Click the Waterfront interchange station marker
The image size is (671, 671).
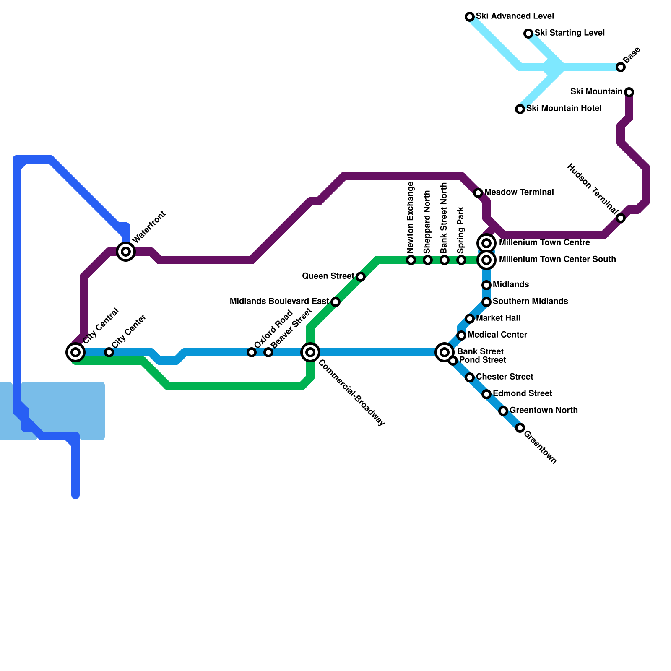pos(126,252)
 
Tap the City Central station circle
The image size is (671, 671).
pos(75,352)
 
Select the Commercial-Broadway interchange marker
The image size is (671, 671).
pos(310,352)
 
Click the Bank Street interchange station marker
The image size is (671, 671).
pos(445,352)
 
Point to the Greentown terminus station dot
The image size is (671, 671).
pos(520,428)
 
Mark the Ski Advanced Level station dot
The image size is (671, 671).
pos(470,17)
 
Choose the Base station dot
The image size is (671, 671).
pos(621,67)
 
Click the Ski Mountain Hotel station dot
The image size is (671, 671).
pos(520,109)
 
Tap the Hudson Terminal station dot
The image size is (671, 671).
pos(621,218)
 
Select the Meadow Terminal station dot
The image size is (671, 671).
pos(478,193)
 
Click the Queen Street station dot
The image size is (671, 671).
pos(361,277)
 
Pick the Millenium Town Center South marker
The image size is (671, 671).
pos(486,260)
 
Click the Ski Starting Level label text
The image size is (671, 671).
pos(570,33)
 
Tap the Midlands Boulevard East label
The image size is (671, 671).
pos(279,301)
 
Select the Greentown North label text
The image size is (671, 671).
pos(544,410)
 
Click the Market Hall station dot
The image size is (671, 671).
pos(470,319)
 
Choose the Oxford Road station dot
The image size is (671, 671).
pos(252,352)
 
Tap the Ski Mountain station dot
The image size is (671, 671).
pos(629,92)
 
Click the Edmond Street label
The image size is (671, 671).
pos(522,393)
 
